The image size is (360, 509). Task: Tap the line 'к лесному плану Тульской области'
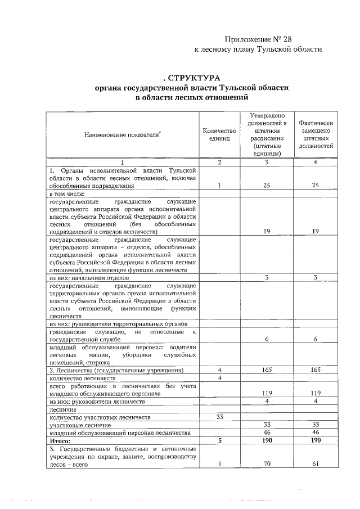click(258, 49)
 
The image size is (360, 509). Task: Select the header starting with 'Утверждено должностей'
click(268, 135)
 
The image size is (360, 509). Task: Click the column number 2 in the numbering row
click(220, 162)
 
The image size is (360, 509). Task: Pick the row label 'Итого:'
click(60, 440)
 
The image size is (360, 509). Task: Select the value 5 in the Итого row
click(220, 440)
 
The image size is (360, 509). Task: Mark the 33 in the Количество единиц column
click(220, 417)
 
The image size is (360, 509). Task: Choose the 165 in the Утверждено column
click(268, 370)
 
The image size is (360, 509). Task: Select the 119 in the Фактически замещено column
click(316, 394)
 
